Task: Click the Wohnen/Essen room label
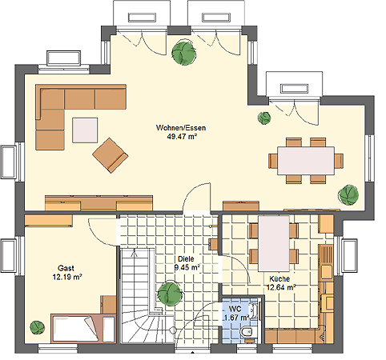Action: coord(181,128)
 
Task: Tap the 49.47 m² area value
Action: coord(182,137)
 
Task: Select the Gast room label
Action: coord(66,268)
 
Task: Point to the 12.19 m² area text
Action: coord(67,277)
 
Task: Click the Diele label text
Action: coord(186,258)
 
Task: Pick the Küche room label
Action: coord(279,279)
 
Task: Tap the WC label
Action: coord(235,309)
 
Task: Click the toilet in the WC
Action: coord(247,332)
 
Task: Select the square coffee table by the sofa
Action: coord(85,130)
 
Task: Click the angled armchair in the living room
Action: coord(111,155)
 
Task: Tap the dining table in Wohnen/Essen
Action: coord(306,161)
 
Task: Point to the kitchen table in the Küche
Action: coord(274,243)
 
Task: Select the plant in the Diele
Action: coord(170,294)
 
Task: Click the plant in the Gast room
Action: coord(37,327)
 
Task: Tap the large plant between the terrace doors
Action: coord(183,53)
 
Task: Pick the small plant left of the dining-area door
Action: coord(264,118)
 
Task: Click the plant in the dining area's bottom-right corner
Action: coord(348,194)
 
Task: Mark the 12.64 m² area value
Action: coord(281,288)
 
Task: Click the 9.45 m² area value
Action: coord(187,267)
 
